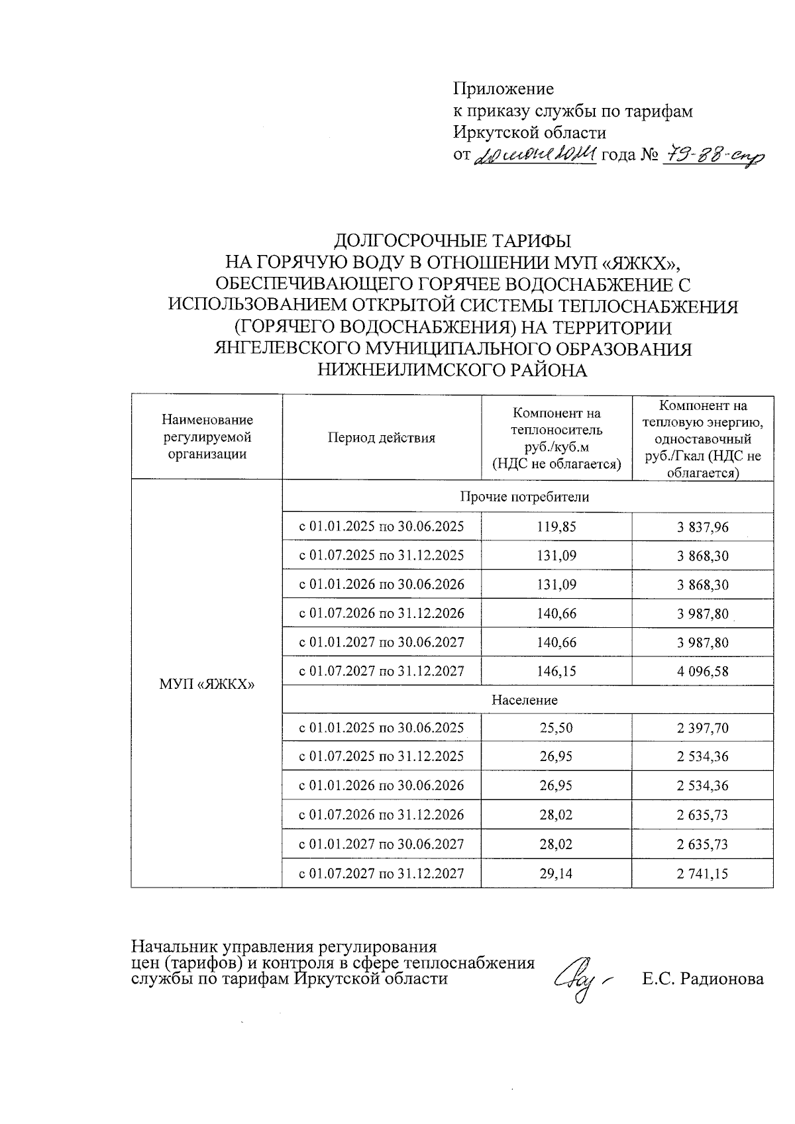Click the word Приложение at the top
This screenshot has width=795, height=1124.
503,88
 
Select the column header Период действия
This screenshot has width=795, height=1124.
381,438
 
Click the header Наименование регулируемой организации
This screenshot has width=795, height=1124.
207,437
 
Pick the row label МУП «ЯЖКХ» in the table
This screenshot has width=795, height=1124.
207,684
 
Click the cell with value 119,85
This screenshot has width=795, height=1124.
556,527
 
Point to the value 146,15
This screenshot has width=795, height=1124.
556,671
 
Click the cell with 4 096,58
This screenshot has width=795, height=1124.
702,671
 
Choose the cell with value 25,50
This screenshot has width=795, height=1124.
556,728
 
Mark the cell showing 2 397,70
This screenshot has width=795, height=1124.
702,728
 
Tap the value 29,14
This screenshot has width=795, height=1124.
556,873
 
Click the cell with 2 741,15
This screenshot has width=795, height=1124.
702,873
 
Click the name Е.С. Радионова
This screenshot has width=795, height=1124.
702,979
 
